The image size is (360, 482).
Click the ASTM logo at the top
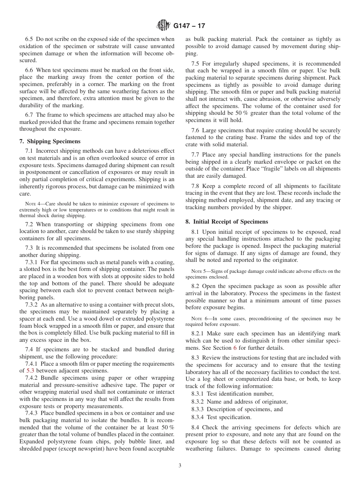tap(163, 26)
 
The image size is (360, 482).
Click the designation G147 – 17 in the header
tap(189, 27)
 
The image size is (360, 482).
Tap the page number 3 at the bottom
tap(180, 466)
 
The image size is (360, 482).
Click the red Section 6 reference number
tap(235, 348)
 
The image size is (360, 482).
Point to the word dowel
tap(93, 319)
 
